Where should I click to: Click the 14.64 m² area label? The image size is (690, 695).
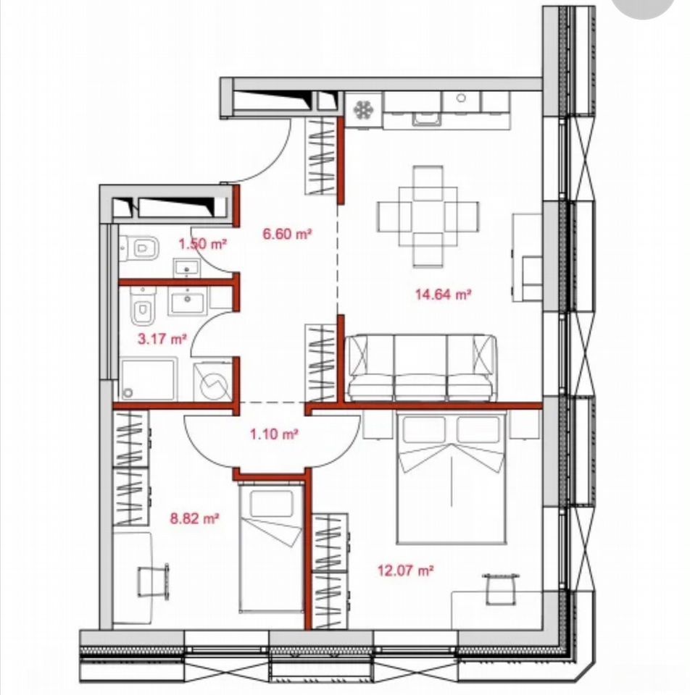(442, 294)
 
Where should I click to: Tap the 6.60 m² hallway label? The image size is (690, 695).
(287, 234)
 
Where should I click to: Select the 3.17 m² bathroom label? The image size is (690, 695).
(162, 340)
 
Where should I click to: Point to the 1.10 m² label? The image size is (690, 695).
(273, 434)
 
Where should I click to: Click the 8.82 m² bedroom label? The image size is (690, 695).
(195, 518)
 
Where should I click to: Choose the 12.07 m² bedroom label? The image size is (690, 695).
(405, 570)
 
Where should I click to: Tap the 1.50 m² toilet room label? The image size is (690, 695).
(203, 243)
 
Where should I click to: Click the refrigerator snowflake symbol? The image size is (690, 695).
(363, 109)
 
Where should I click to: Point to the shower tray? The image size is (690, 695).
(148, 379)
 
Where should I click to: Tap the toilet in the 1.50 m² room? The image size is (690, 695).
(139, 248)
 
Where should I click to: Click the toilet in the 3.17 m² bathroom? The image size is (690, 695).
(143, 305)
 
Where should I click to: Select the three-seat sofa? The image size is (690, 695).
(421, 368)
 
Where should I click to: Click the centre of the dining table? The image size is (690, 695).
(428, 216)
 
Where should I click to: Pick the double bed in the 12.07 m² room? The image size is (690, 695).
(452, 478)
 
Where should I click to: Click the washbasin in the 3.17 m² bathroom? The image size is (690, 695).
(187, 301)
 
